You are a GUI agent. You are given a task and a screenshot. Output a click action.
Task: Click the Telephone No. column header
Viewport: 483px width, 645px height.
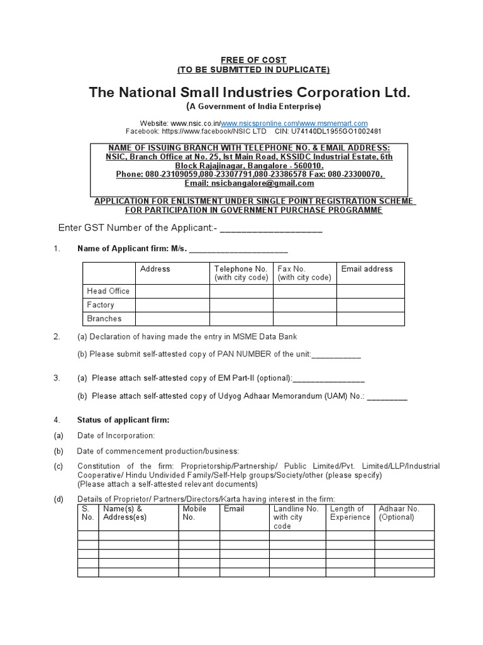point(241,273)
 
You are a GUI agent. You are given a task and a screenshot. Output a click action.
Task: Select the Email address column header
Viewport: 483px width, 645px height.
point(367,269)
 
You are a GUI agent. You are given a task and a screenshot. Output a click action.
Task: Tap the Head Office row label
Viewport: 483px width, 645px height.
point(108,291)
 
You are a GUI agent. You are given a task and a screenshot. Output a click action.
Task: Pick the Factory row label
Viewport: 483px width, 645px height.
point(101,305)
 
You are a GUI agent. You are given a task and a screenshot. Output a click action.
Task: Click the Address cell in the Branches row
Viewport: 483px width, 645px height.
point(173,319)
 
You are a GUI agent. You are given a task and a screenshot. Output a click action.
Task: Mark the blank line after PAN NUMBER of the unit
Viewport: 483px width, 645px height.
point(336,355)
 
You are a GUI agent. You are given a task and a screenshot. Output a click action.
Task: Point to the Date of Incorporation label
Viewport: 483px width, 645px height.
point(116,436)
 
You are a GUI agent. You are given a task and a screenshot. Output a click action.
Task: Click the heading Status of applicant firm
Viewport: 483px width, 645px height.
point(123,420)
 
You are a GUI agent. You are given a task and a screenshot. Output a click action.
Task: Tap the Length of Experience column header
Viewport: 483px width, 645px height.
point(350,513)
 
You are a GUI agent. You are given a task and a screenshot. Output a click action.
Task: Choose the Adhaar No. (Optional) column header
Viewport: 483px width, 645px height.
point(399,513)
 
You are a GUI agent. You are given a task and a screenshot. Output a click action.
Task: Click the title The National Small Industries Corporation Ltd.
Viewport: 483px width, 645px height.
point(250,93)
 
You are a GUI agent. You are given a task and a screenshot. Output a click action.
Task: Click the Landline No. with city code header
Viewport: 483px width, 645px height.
point(296,517)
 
